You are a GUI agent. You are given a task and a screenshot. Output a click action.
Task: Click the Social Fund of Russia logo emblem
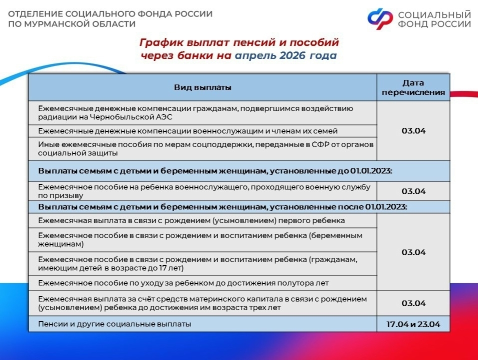click(x=380, y=18)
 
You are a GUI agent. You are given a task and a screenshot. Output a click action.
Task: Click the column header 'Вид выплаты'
click(x=202, y=87)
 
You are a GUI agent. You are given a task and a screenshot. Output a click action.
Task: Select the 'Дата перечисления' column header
click(x=413, y=87)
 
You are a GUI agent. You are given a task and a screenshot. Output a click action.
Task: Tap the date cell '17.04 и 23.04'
click(x=413, y=324)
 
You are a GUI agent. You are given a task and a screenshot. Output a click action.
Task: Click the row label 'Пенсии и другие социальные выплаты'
click(x=114, y=324)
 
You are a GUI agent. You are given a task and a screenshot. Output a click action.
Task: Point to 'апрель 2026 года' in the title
click(x=285, y=55)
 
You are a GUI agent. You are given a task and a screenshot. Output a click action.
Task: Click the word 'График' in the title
click(x=161, y=42)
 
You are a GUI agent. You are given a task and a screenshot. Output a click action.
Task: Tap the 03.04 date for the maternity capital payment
click(x=413, y=303)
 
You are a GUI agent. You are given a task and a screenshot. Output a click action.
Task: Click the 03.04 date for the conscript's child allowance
click(x=413, y=191)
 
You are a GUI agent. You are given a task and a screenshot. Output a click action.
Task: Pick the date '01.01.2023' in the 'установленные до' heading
click(x=370, y=170)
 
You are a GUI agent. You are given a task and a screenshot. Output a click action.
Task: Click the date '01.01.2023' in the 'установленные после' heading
click(x=385, y=207)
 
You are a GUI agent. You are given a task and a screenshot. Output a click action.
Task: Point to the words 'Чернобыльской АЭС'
click(x=131, y=117)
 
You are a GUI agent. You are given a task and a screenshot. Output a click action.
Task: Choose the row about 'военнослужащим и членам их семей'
click(x=188, y=131)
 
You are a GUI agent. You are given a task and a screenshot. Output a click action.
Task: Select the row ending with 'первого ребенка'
click(x=191, y=220)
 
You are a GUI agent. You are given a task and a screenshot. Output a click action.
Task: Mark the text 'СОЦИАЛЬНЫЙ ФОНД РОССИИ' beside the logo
click(x=434, y=19)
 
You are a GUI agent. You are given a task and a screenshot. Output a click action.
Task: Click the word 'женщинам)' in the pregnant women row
click(x=60, y=244)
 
